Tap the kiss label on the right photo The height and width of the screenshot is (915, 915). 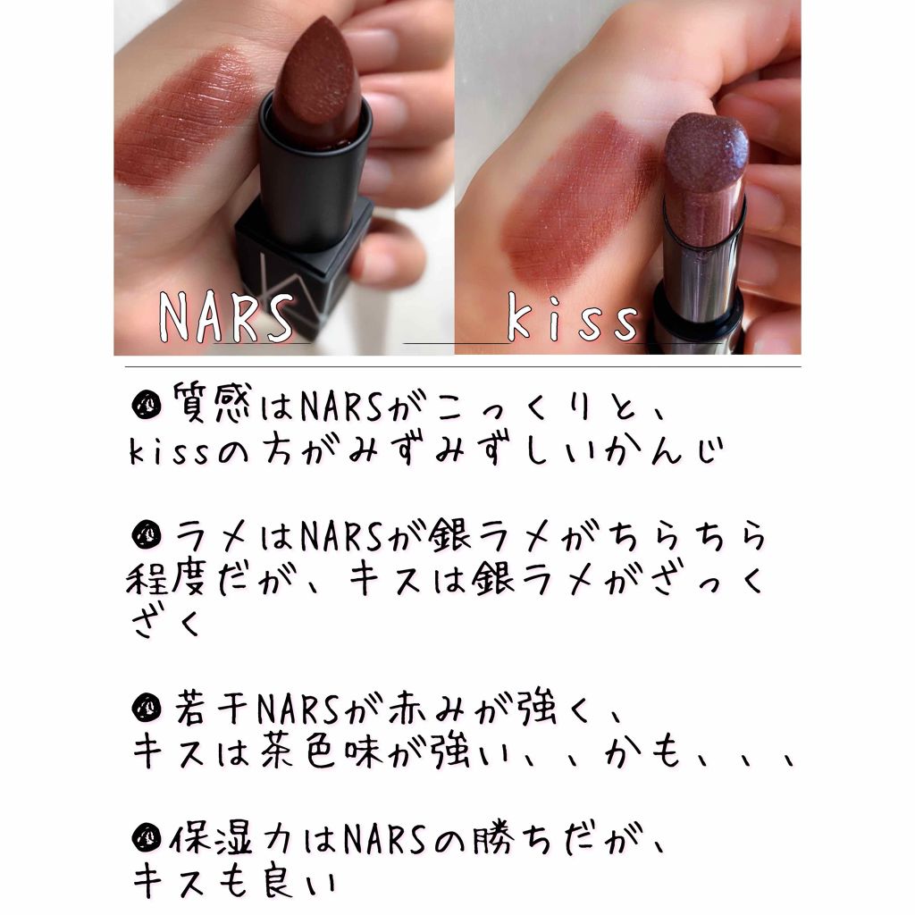click(x=573, y=318)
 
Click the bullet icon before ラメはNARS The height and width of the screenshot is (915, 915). click(x=146, y=535)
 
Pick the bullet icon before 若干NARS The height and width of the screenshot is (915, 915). click(x=146, y=708)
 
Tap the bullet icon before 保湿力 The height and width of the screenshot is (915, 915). click(x=146, y=838)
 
